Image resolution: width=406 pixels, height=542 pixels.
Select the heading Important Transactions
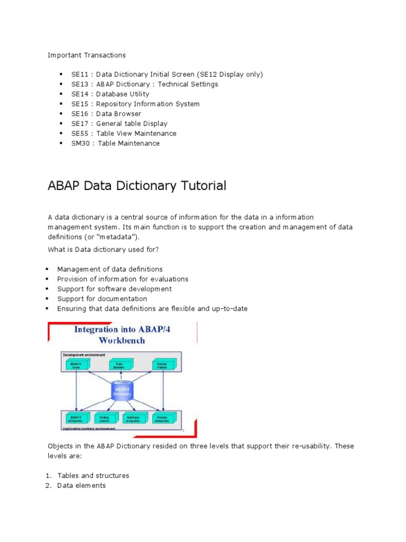coord(87,55)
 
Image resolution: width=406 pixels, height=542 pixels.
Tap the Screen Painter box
coord(162,365)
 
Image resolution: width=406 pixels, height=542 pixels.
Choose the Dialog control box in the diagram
coord(104,418)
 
